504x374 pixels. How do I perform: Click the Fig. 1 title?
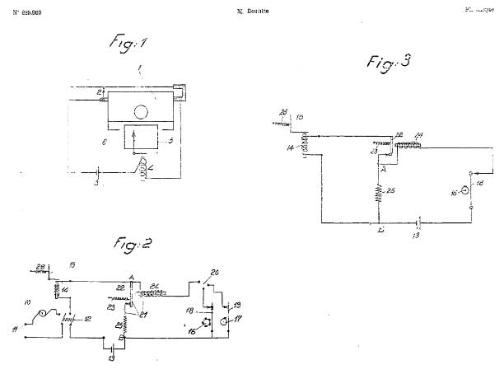click(x=132, y=42)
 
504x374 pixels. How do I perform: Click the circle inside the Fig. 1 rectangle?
click(x=141, y=110)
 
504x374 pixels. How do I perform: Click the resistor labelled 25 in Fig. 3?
click(x=380, y=194)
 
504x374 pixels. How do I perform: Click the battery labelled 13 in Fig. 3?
click(x=418, y=222)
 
